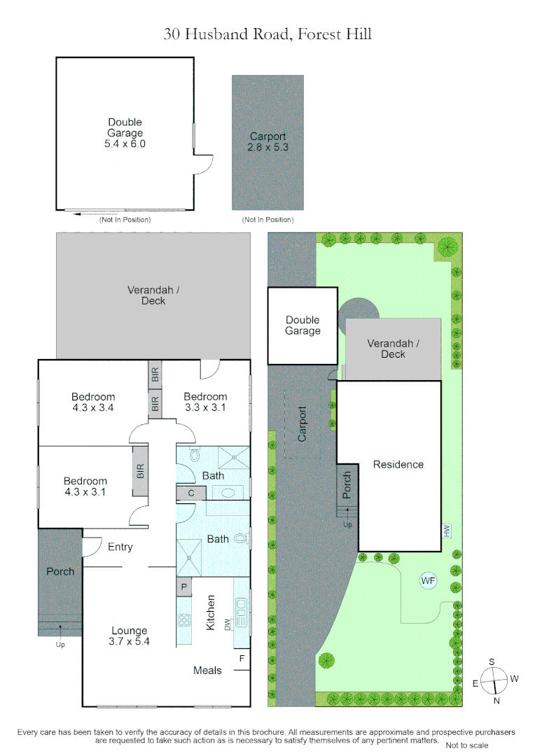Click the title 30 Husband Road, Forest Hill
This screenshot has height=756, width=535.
267,33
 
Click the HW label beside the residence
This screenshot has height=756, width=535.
446,531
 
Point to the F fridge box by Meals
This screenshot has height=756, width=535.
242,659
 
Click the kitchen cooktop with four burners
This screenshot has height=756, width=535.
185,619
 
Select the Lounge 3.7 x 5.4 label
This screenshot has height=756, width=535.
129,636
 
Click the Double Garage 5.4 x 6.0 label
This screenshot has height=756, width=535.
125,133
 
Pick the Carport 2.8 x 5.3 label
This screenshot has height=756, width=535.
267,142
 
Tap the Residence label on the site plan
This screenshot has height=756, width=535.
398,464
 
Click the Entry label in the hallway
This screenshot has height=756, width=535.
120,547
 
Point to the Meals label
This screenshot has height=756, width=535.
207,671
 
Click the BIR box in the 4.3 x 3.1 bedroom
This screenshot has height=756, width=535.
140,471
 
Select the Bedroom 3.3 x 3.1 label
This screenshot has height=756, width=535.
206,402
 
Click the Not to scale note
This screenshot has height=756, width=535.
467,745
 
